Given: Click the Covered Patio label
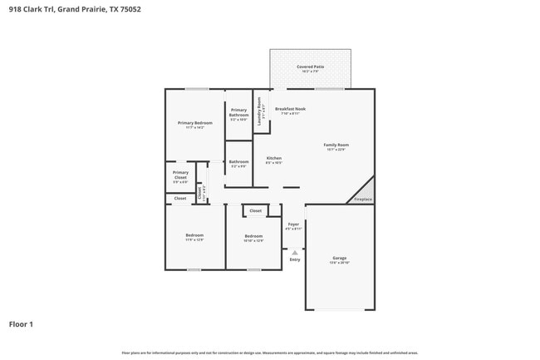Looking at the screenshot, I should [310, 67].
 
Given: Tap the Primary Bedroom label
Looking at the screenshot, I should [194, 123].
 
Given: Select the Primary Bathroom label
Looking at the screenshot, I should [238, 111].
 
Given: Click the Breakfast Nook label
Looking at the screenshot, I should [291, 109].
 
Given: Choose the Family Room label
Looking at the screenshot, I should [336, 145].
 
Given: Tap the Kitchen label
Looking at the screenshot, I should [273, 158].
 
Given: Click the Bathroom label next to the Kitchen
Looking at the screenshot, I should [238, 161].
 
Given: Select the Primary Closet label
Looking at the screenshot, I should [180, 175].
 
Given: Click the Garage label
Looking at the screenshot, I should [339, 258].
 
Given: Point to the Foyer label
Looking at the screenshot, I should [293, 224].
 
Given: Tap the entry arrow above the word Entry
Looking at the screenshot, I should [294, 252].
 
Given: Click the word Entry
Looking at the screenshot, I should [294, 260].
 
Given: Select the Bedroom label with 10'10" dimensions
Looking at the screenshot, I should [253, 237].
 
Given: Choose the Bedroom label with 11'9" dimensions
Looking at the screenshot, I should [194, 236].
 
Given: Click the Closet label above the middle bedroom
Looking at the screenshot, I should [255, 210].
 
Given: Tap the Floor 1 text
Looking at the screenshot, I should [21, 323].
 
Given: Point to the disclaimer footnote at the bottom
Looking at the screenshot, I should [270, 353].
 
